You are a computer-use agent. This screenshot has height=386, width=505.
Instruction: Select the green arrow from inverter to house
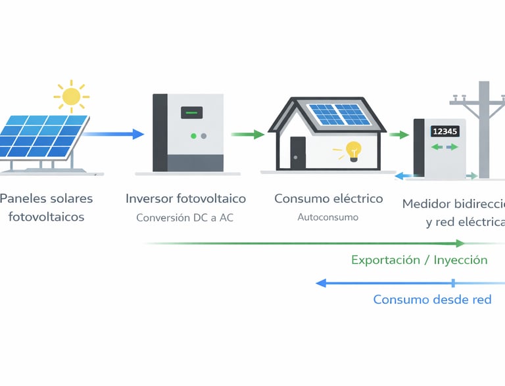(247, 134)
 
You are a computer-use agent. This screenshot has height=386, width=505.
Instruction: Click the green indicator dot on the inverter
(193, 136)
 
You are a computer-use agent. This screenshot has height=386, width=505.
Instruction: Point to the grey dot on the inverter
(203, 136)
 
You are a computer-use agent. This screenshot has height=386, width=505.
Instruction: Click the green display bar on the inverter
(192, 112)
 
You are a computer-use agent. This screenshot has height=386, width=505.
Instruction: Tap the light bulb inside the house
(354, 150)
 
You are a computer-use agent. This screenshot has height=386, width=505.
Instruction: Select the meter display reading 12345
(445, 131)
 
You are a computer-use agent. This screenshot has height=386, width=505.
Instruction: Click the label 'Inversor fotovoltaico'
(185, 198)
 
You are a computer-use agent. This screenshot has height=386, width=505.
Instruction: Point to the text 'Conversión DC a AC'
(185, 217)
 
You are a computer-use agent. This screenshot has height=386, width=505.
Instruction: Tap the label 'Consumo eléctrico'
(328, 198)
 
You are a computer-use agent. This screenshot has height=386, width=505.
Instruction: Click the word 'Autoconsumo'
(328, 217)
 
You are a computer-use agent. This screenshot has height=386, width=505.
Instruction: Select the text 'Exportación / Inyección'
(420, 260)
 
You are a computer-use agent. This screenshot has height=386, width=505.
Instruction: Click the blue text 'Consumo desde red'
(432, 299)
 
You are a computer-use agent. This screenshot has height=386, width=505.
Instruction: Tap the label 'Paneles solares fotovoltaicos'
(46, 207)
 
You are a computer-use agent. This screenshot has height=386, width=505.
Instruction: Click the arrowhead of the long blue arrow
(322, 283)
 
